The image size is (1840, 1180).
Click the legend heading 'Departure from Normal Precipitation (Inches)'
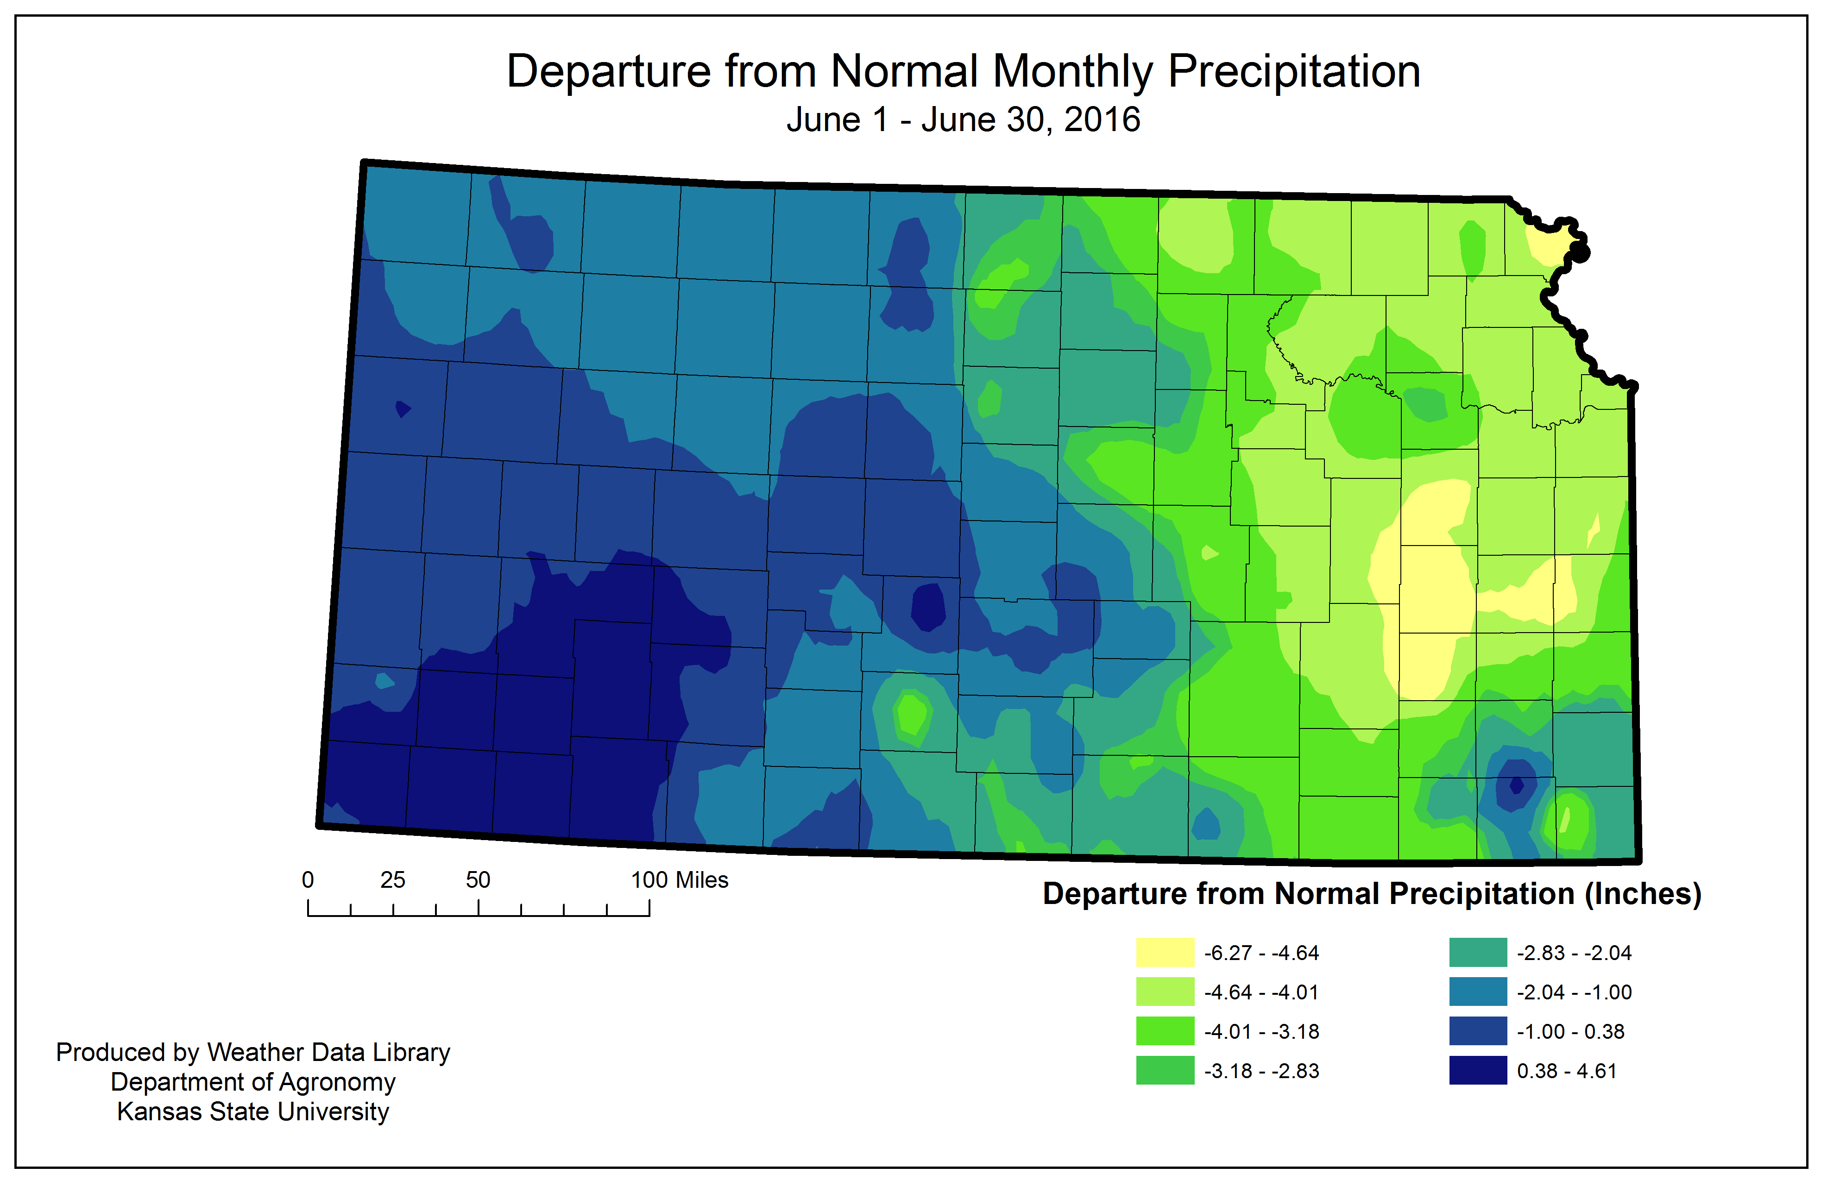coord(1371,893)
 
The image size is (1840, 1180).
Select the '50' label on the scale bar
coord(478,879)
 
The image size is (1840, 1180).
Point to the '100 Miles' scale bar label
coord(679,879)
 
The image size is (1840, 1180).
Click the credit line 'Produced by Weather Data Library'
coord(253,1052)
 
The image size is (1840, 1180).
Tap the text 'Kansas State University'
coord(253,1111)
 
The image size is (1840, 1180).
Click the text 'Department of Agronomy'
coord(253,1082)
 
